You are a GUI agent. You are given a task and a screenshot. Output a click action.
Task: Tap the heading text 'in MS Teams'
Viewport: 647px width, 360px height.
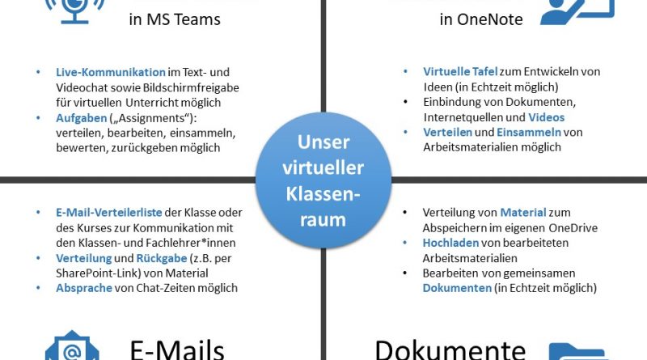tap(175, 19)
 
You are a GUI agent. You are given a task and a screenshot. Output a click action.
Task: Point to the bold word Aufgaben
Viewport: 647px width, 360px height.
tap(81, 117)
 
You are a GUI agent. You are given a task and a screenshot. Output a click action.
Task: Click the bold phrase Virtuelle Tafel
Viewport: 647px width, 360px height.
tap(456, 72)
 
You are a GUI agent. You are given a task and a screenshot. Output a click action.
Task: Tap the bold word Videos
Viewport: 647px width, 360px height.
tap(546, 117)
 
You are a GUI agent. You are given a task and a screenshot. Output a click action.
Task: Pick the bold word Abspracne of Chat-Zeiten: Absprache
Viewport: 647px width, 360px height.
tap(85, 288)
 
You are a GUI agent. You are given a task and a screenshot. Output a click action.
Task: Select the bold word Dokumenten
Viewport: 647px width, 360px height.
tap(457, 288)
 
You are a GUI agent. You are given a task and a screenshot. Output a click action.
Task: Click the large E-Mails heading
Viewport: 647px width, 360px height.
tap(177, 348)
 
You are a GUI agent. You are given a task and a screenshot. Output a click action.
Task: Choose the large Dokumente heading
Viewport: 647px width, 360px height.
tap(450, 348)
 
